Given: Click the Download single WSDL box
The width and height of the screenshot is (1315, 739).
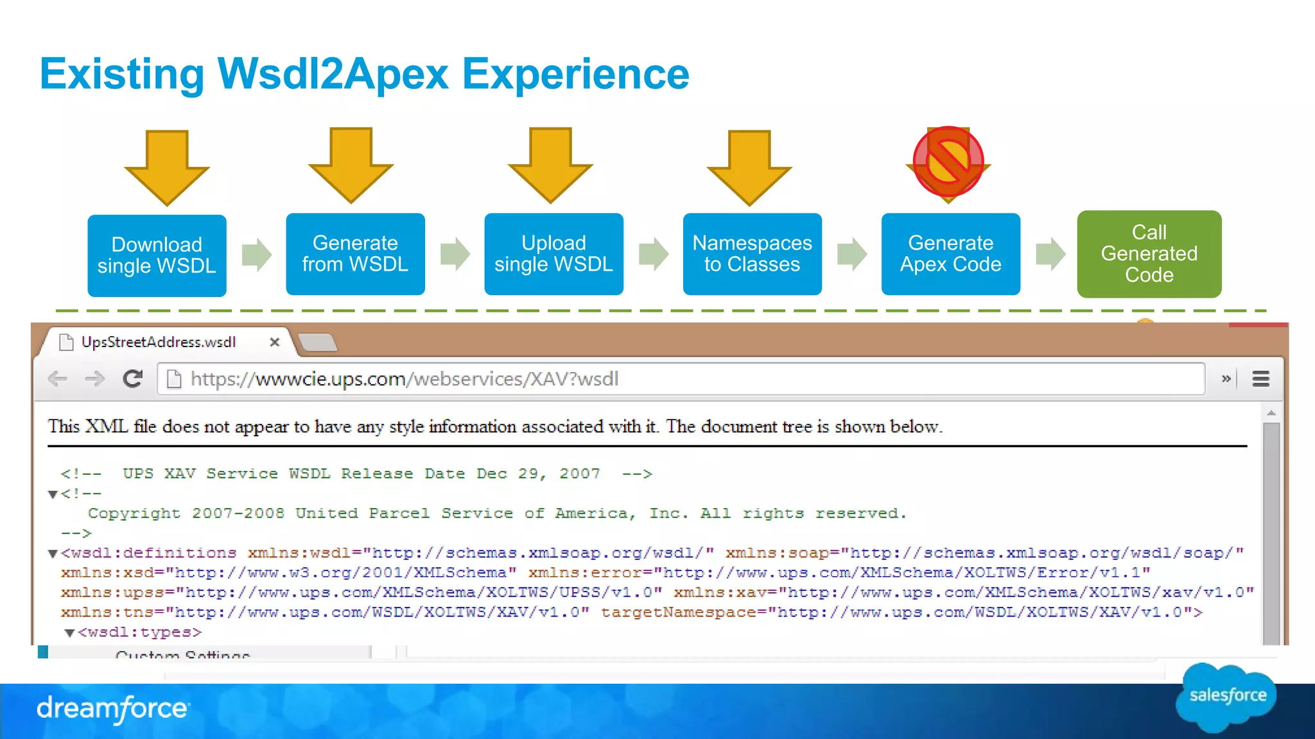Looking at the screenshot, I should click(x=157, y=255).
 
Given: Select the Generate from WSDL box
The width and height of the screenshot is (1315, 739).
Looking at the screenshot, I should click(x=355, y=254).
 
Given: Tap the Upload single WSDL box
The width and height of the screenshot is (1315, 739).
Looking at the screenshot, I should click(x=553, y=254).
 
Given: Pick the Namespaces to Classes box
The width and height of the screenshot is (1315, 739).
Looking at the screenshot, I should click(x=752, y=254).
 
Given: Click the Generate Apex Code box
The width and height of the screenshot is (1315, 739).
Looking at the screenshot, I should click(x=950, y=254).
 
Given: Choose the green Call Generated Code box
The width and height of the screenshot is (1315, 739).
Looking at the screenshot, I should click(x=1149, y=254).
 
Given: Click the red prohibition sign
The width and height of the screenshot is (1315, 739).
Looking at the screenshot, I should click(x=948, y=162).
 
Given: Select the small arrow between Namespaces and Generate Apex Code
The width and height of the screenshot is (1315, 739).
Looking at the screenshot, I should click(x=852, y=254).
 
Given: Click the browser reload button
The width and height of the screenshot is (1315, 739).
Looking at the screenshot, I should click(x=133, y=379).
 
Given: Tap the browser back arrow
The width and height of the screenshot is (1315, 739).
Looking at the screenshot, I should click(x=58, y=379).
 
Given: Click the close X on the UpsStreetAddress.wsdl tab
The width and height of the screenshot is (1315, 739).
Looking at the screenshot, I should click(x=275, y=342).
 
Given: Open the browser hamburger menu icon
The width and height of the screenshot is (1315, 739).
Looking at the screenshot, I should click(x=1260, y=379).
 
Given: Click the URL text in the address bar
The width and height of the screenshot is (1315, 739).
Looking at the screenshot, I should click(x=405, y=379).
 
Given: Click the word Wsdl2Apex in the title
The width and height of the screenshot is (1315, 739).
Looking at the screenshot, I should click(x=333, y=74).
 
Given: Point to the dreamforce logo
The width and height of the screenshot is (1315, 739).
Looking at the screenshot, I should click(x=112, y=709).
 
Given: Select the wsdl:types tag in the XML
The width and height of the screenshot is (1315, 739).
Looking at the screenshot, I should click(x=139, y=633).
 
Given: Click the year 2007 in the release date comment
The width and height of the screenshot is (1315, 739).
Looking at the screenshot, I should click(x=579, y=473).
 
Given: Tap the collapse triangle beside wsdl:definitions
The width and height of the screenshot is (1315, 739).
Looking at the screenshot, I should click(x=53, y=554).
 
